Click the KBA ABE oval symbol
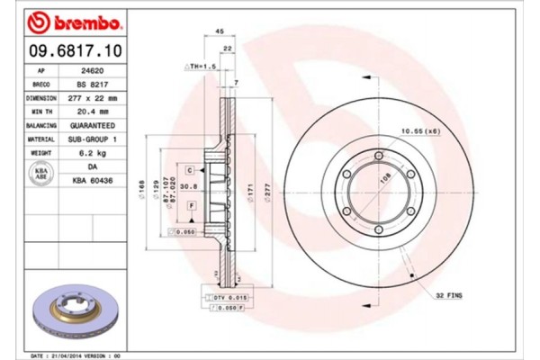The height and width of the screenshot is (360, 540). coord(41,173)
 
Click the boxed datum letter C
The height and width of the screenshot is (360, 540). coord(191,169)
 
